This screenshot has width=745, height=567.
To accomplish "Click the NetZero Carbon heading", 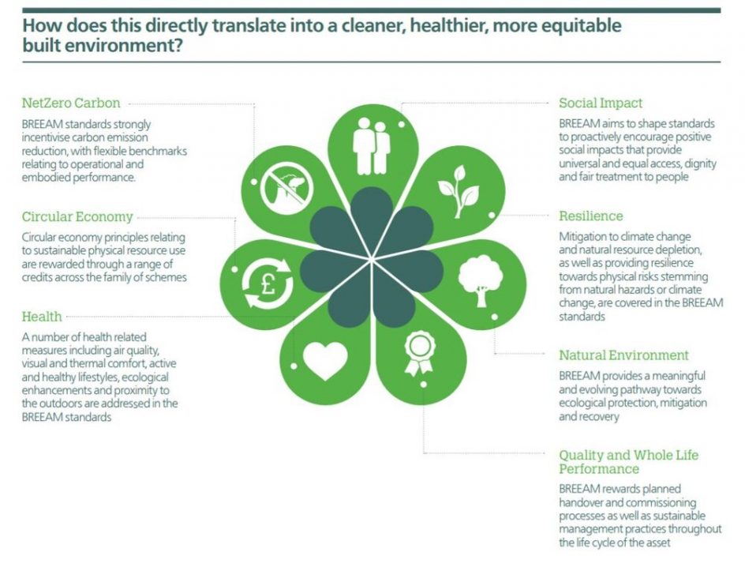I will [71, 103].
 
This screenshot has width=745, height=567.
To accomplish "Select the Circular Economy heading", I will [77, 216].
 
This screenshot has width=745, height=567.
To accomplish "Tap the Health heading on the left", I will [42, 317].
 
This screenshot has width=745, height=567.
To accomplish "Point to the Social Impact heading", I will [601, 103].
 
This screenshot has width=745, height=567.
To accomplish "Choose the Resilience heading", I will [591, 216].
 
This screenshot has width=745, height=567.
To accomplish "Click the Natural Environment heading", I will [624, 355].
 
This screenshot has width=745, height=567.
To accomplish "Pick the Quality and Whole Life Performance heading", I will [628, 462].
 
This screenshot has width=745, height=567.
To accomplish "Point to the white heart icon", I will [325, 360].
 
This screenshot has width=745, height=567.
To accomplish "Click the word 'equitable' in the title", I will [579, 25].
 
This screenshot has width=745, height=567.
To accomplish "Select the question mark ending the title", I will [178, 46].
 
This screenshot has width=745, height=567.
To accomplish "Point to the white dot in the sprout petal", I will [492, 214].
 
